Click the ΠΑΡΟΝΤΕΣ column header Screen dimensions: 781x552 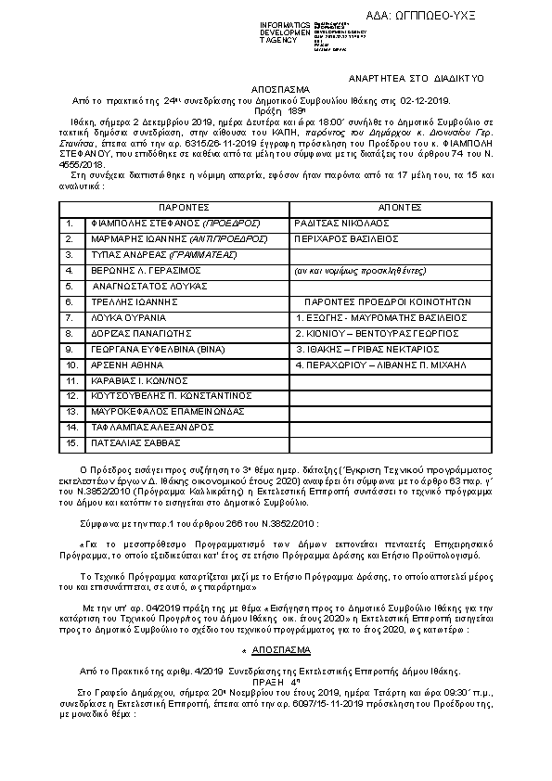183,207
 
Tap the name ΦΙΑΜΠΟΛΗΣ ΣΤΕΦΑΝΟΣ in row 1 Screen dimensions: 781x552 135,224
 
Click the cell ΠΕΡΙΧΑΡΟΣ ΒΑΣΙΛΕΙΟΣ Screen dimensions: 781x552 333,238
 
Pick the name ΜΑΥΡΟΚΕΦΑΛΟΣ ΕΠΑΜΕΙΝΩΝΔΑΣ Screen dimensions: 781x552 154,412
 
